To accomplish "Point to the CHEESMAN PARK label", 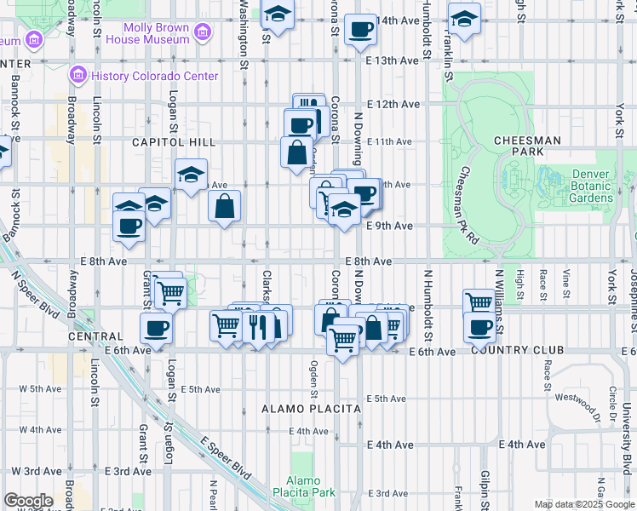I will coord(526,146).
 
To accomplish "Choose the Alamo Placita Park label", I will coord(303,486).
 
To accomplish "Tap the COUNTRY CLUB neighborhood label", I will coord(516,350).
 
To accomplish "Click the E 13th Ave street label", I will coord(393,60).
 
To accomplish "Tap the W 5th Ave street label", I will coord(41,388).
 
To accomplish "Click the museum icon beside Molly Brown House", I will coord(203,33).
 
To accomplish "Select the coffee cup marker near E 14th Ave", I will coord(359,31).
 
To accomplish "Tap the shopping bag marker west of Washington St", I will coord(224,207).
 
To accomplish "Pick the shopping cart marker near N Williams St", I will coord(479,302).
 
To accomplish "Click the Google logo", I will coord(28,501).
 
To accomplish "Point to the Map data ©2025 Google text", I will coord(584,504).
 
